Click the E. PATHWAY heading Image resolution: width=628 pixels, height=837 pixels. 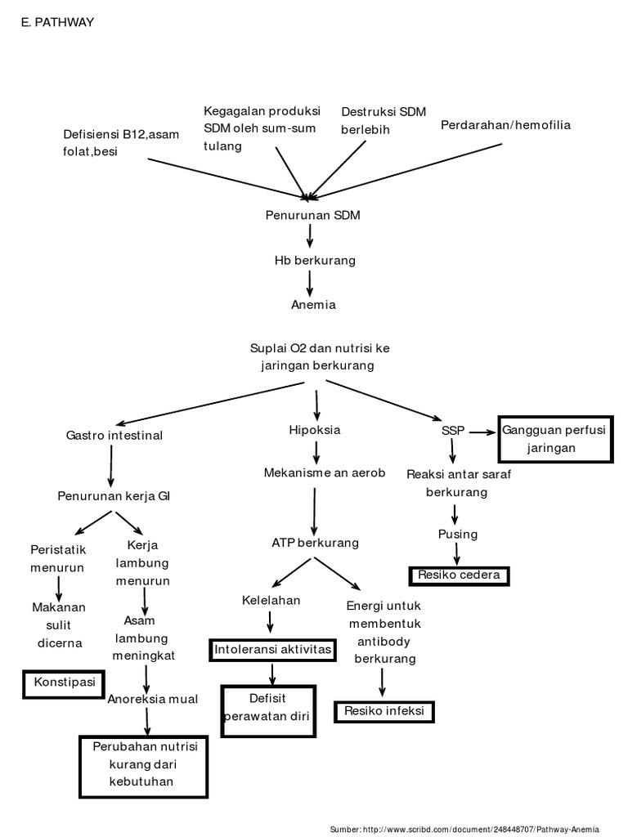pos(57,23)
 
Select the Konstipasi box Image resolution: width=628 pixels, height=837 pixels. pos(64,682)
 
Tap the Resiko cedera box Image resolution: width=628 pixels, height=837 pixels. pos(459,575)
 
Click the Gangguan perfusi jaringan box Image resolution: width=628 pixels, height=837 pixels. pos(556,439)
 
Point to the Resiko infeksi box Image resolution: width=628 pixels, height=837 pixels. pos(384,711)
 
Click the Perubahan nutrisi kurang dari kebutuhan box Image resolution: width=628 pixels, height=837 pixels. pos(146,764)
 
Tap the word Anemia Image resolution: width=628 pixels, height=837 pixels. pos(313,305)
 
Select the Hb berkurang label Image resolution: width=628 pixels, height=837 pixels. pos(315,260)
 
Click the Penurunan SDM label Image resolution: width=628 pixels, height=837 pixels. pos(312,216)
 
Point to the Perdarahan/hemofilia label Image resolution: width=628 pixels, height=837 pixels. pos(505,125)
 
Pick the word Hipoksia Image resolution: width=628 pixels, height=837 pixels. pos(314,429)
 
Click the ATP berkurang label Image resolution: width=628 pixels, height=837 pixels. pos(315,543)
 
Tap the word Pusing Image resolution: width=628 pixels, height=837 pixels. pos(457,534)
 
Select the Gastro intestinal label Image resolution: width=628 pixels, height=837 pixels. pos(114,436)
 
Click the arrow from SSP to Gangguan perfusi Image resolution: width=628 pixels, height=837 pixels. pos(481,432)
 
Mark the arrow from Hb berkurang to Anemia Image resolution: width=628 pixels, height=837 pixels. pos(310,282)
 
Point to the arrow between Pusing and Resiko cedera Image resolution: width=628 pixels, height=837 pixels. pos(456,553)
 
